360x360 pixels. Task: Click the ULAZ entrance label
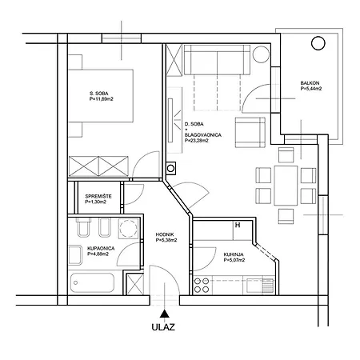click(x=163, y=327)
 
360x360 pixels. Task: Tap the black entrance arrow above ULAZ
click(x=165, y=314)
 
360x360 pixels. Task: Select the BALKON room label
click(x=310, y=83)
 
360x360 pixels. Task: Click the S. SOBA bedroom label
click(x=99, y=94)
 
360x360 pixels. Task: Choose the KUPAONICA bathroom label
click(x=101, y=249)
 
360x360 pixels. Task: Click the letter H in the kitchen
click(x=238, y=225)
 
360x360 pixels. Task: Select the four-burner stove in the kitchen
click(x=202, y=285)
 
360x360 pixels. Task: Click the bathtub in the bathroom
click(x=93, y=282)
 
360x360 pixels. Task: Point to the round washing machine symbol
click(x=129, y=229)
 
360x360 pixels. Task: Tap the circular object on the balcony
click(x=318, y=43)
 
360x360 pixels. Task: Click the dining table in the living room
click(x=286, y=186)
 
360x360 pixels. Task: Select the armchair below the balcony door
click(x=250, y=133)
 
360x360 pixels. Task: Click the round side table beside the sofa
click(x=261, y=54)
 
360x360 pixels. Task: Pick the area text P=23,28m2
click(x=197, y=141)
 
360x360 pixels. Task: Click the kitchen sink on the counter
click(x=260, y=286)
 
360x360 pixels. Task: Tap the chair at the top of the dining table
click(x=286, y=155)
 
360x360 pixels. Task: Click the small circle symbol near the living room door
click(x=170, y=168)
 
